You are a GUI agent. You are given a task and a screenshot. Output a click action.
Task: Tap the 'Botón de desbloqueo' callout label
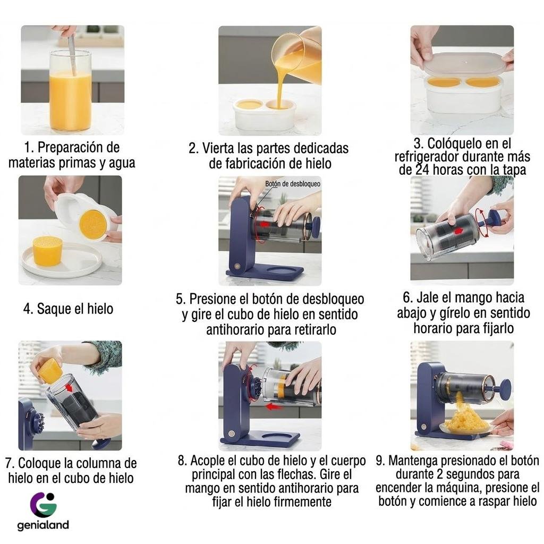(293, 184)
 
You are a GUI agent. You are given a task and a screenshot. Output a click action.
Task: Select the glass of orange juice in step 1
(71, 91)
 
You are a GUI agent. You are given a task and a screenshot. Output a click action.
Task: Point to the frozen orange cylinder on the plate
(47, 251)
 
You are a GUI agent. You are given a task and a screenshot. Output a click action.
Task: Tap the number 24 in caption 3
(422, 170)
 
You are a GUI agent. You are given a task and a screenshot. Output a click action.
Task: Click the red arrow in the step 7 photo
(71, 387)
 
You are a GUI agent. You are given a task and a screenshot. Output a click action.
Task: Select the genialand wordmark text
(43, 525)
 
